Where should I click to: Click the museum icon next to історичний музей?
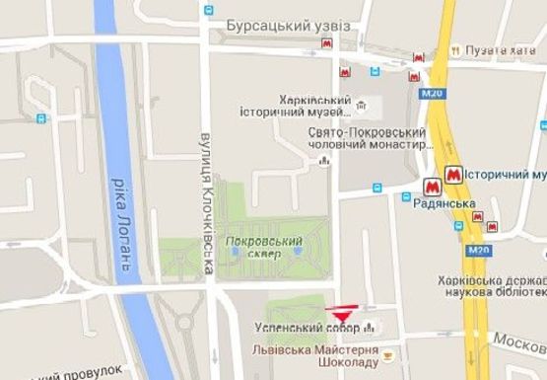click(x=363, y=104)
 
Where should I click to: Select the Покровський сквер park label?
click(x=263, y=246)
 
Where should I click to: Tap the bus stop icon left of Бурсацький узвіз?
click(x=208, y=11)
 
